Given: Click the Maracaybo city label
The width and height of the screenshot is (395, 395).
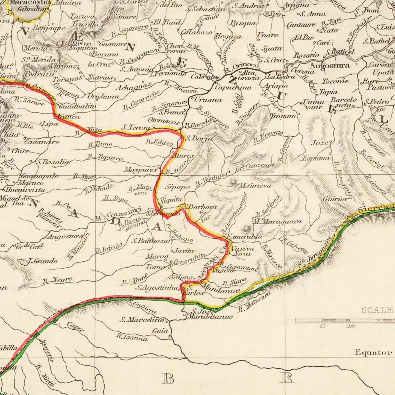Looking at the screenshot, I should coord(30,2).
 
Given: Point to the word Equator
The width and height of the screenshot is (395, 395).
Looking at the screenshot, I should coord(373,352).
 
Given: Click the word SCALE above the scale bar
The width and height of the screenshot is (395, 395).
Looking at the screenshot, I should coord(377,310).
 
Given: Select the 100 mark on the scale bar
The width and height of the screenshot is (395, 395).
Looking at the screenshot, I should coord(350,326).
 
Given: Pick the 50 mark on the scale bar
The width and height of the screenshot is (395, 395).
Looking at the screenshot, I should coord(323,326).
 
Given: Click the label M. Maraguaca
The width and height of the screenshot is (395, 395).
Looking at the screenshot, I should coord(277,221).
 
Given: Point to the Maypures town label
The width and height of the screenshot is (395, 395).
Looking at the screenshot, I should coord(141,169).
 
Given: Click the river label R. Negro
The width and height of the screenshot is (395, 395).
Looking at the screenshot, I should coord(58,280).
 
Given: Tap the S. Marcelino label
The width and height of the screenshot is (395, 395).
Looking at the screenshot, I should coord(142,319).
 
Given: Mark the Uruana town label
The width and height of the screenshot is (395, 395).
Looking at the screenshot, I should coord(208,100).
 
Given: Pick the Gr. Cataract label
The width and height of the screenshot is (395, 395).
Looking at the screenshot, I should coord(257,166).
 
